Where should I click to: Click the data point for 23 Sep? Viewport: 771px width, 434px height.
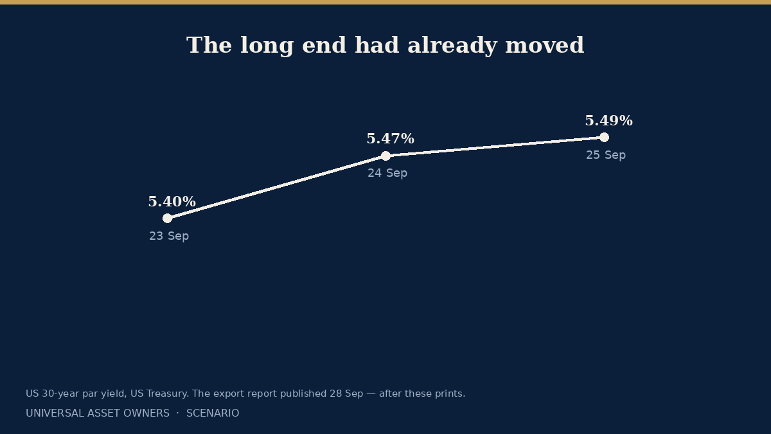(167, 219)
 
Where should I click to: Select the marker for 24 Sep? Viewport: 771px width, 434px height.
(386, 156)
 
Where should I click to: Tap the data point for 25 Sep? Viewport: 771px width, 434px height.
(604, 138)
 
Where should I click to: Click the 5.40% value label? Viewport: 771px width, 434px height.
(172, 201)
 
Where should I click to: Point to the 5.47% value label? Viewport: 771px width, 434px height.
(391, 138)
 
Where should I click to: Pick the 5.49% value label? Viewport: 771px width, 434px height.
(609, 121)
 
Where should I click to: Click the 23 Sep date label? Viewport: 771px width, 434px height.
(169, 236)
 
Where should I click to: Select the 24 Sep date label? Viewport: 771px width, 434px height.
(387, 173)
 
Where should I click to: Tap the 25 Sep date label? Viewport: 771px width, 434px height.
(606, 155)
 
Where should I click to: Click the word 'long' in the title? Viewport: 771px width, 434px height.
(267, 46)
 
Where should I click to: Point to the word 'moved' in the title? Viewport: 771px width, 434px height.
(545, 45)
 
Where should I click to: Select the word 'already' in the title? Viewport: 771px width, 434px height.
(452, 46)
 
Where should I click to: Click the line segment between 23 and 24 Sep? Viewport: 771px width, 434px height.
(276, 187)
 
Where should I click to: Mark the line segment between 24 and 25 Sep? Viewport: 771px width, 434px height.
(495, 147)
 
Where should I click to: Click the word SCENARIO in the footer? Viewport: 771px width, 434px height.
(213, 413)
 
